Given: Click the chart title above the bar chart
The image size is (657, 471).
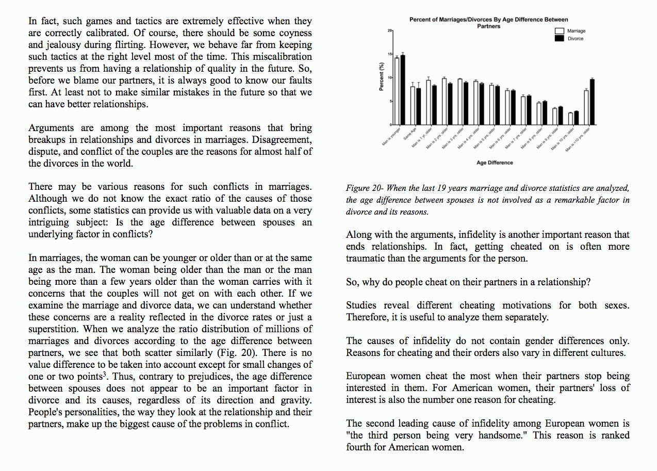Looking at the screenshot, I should [488, 23].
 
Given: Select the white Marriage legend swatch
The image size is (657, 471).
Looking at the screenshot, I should [559, 31].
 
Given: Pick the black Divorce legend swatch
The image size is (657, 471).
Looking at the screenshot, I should [559, 39].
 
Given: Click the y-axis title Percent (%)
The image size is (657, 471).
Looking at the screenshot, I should [382, 77].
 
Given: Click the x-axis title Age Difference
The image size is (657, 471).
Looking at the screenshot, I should [495, 163].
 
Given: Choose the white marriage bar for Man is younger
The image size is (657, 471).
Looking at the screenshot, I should [397, 91].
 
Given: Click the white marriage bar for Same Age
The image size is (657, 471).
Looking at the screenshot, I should [413, 106].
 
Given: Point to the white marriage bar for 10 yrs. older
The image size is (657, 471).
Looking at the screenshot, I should [570, 119].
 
